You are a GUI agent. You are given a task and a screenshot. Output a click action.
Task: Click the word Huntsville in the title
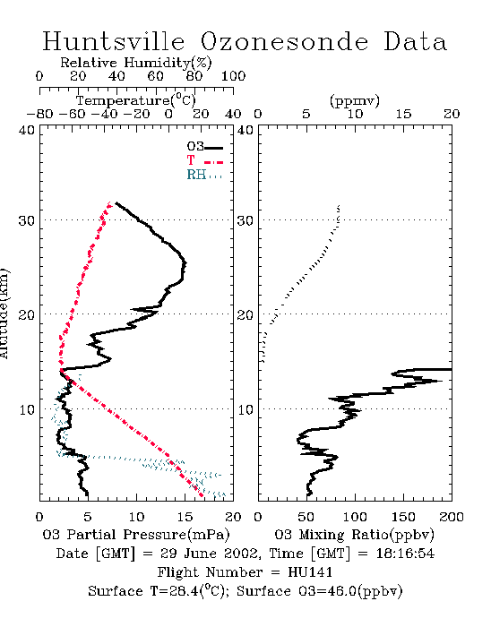click(x=114, y=41)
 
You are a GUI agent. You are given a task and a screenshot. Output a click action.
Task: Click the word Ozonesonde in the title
click(x=284, y=41)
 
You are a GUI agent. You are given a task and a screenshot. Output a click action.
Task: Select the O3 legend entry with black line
click(x=204, y=147)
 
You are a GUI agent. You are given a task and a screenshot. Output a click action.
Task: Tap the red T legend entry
click(x=204, y=160)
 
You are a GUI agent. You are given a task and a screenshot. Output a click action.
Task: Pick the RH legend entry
click(x=204, y=175)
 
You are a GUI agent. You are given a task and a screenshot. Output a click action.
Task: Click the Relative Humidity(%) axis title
click(x=136, y=63)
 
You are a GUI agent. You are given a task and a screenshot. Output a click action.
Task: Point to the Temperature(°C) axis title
click(x=136, y=100)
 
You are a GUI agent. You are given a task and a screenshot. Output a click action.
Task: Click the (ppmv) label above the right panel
click(x=355, y=100)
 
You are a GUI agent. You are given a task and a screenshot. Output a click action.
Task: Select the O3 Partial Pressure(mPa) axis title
click(x=136, y=535)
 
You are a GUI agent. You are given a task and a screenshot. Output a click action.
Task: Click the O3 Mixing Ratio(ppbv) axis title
click(x=354, y=535)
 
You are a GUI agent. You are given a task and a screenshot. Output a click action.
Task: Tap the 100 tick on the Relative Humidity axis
click(x=233, y=76)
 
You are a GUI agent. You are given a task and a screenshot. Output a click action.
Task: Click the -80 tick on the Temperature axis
click(x=39, y=114)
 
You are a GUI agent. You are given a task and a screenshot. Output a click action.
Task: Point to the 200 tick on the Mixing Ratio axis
click(x=452, y=517)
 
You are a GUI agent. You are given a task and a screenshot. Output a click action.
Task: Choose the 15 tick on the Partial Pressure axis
click(x=185, y=517)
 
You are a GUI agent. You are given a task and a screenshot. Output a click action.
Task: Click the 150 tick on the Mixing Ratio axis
click(x=403, y=517)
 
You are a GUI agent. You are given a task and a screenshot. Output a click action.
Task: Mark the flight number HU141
click(x=310, y=572)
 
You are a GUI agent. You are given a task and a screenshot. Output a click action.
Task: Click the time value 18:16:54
click(x=405, y=554)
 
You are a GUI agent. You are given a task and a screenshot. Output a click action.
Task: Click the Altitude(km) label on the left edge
click(x=4, y=313)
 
